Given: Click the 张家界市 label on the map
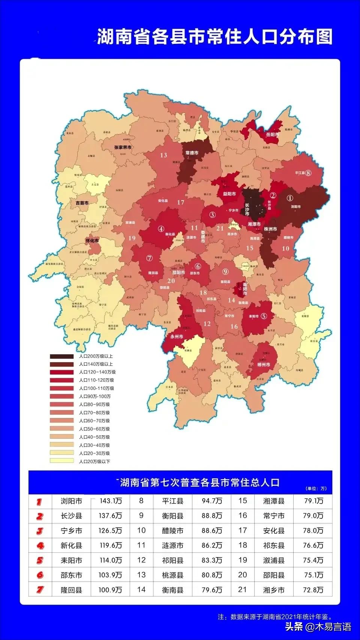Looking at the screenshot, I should point(123,147).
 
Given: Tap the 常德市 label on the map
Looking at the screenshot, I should point(192,153).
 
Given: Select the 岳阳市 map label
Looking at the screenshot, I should point(272,135).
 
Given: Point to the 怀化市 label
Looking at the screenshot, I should point(92,240).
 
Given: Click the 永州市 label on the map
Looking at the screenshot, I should point(176,337).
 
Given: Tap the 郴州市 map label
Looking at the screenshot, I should point(264,364).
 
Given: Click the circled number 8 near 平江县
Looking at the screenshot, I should point(308,173).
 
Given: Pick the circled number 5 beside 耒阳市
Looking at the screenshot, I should point(264,316).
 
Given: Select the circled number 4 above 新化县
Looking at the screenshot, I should point(161,229).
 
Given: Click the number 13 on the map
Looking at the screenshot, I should point(163,155).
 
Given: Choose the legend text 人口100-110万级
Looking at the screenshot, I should point(96,388).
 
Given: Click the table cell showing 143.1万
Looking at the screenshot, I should point(110,501).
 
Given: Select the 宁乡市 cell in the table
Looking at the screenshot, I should point(71,531).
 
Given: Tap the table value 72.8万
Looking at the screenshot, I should point(313,590).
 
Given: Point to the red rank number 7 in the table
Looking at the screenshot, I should point(40,590).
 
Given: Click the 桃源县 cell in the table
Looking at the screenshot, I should point(172,575).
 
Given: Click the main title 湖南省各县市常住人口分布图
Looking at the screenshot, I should point(215,37).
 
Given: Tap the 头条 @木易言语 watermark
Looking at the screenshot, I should point(318,627).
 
